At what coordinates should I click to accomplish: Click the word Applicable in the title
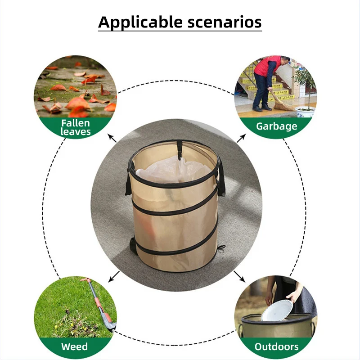tap(135, 22)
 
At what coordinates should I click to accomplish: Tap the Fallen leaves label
tap(76, 127)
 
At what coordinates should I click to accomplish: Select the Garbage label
tap(277, 126)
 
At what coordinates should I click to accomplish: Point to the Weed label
tap(75, 347)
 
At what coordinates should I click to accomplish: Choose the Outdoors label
tap(277, 347)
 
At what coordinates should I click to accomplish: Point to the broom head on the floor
tap(282, 105)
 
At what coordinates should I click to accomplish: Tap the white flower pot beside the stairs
tap(305, 111)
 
